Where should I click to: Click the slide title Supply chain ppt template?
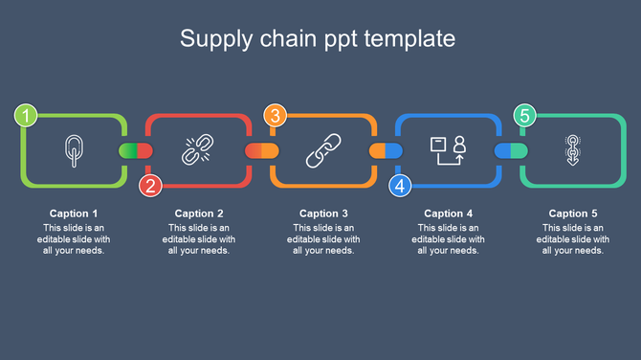click(x=319, y=39)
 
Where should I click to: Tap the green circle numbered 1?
click(x=26, y=117)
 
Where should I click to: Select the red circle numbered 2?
click(x=150, y=186)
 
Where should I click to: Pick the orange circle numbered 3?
click(x=276, y=117)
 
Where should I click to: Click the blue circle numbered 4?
click(x=400, y=186)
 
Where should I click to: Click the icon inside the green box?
click(x=73, y=149)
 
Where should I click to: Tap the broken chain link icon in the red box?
click(x=196, y=150)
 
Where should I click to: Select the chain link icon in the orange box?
click(x=322, y=150)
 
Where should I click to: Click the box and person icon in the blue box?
click(x=448, y=149)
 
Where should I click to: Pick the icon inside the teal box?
click(x=572, y=150)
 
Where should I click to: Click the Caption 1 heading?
click(x=74, y=214)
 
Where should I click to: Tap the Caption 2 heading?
click(x=199, y=214)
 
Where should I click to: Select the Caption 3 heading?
click(x=323, y=214)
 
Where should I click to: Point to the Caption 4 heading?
click(x=449, y=214)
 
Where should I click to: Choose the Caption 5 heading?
click(x=573, y=214)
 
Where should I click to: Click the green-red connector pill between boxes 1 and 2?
click(x=135, y=150)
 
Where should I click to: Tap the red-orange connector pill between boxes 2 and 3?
click(x=261, y=150)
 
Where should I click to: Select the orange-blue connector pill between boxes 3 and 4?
click(x=386, y=150)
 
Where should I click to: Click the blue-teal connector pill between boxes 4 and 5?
click(x=510, y=150)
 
